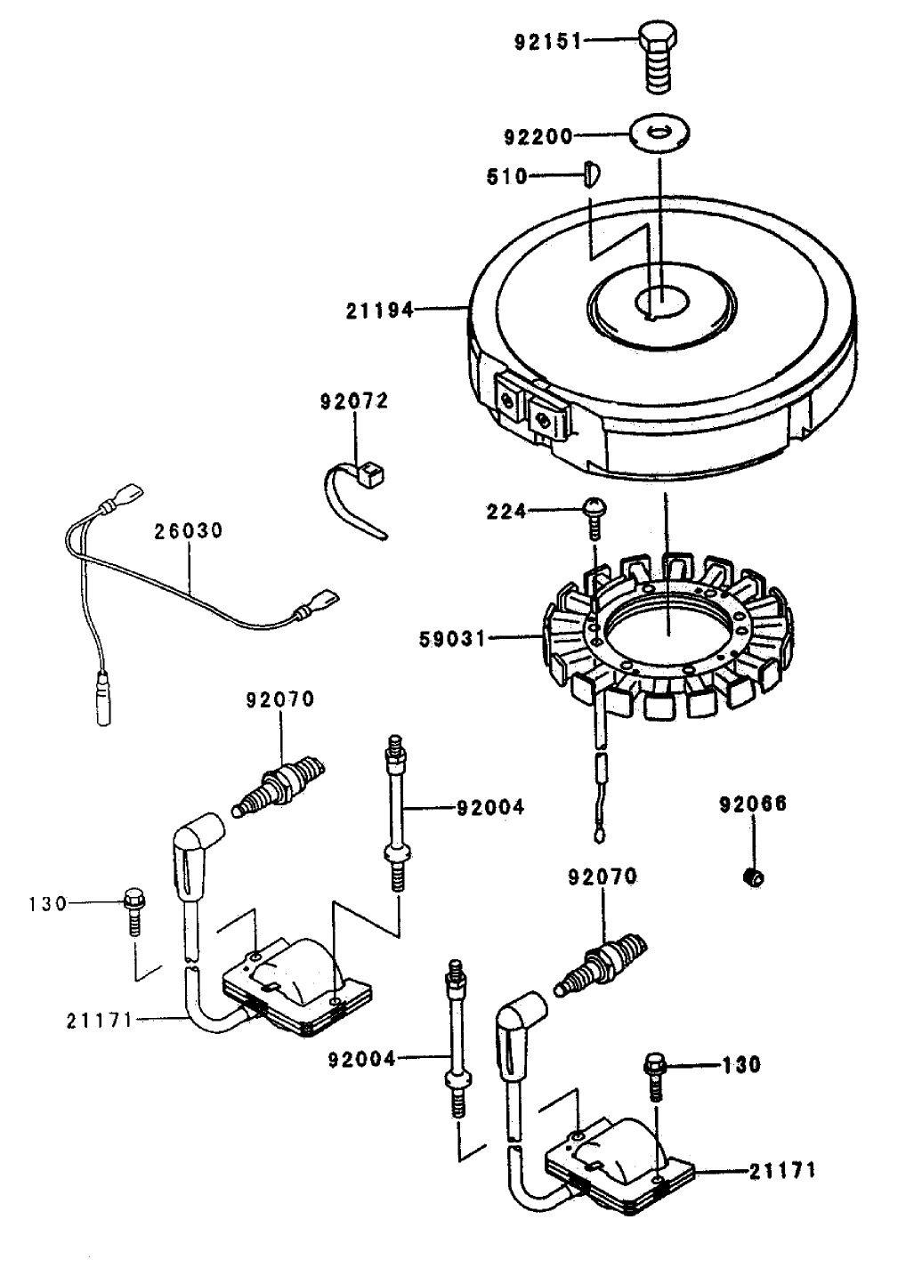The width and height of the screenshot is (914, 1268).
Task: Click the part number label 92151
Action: pyautogui.click(x=547, y=41)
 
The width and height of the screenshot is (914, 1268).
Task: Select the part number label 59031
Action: pyautogui.click(x=453, y=638)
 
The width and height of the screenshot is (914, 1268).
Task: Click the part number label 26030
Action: pyautogui.click(x=188, y=531)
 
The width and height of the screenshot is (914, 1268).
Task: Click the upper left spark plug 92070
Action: pyautogui.click(x=278, y=783)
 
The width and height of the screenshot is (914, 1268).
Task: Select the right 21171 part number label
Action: pyautogui.click(x=781, y=1171)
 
